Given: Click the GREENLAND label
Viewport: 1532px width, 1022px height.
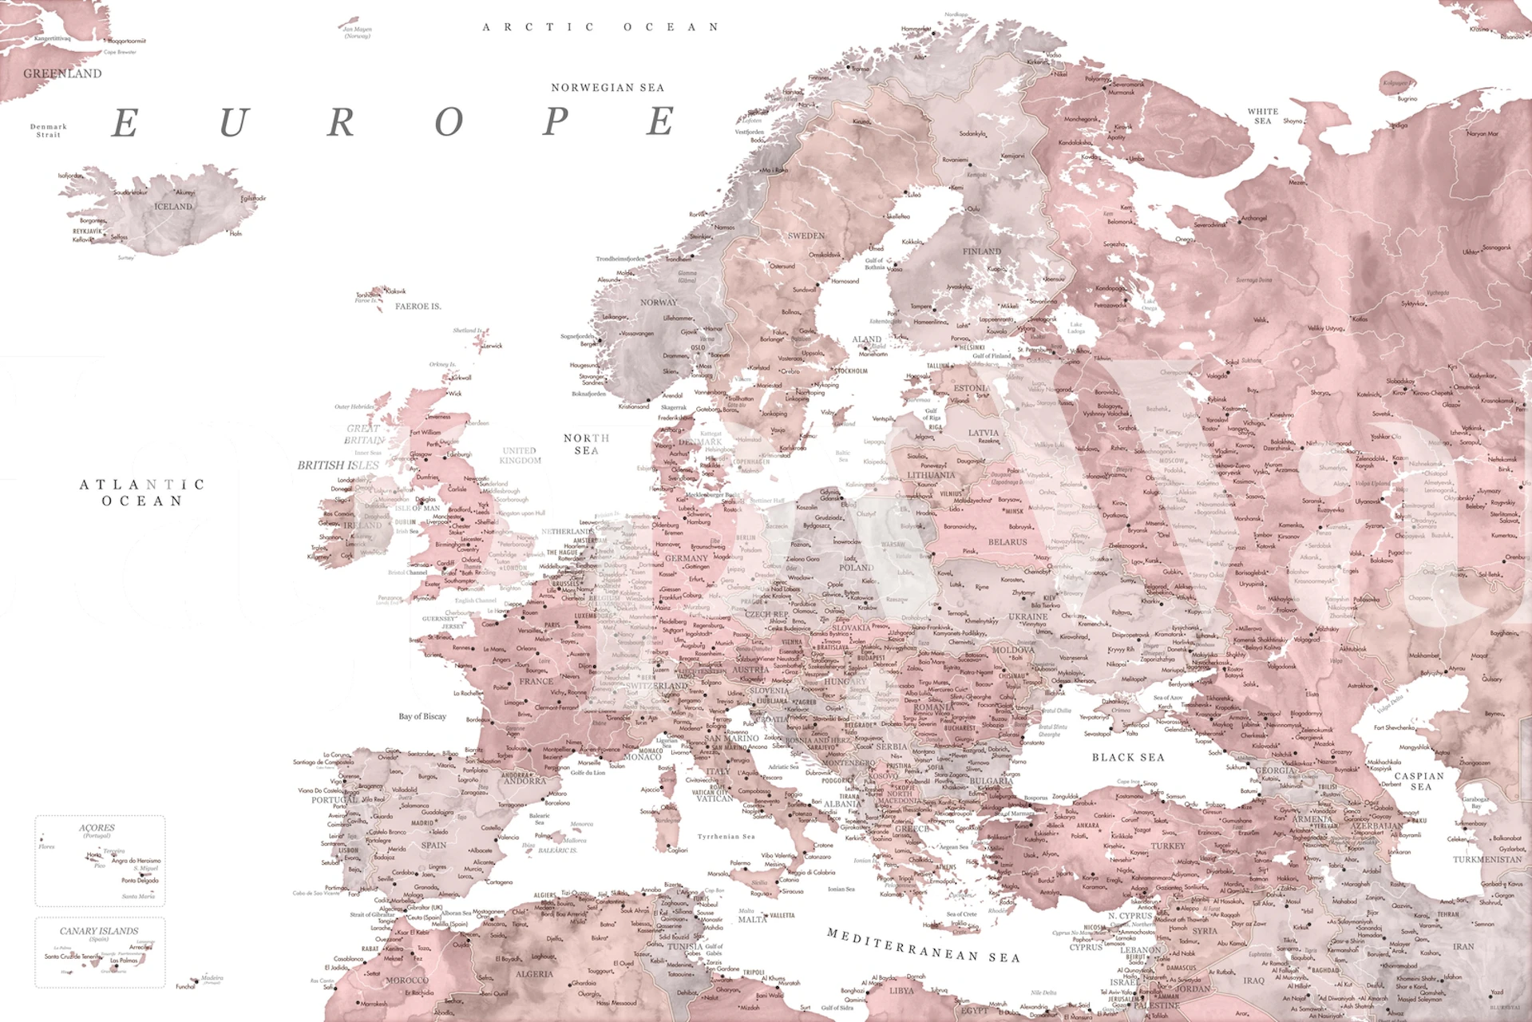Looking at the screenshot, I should tap(62, 73).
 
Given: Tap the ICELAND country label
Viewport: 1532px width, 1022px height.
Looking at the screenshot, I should tap(173, 207).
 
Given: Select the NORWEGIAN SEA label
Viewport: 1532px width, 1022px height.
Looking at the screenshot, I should tap(608, 88).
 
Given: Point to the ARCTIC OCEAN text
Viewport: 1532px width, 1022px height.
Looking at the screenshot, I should tap(600, 27).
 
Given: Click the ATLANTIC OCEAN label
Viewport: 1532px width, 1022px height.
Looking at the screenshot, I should tap(142, 493).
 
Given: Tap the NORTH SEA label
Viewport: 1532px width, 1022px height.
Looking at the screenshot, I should tap(586, 444).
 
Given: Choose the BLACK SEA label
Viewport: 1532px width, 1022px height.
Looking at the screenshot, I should tap(1128, 757).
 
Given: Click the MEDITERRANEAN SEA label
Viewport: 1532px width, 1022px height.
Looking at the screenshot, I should tap(923, 945).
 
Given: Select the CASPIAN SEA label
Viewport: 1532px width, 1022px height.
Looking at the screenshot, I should tap(1419, 781).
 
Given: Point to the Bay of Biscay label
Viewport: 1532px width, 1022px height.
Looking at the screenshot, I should tap(422, 716).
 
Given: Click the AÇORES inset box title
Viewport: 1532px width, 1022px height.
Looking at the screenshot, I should tap(97, 828).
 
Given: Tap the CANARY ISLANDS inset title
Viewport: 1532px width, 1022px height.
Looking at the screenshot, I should tap(99, 931).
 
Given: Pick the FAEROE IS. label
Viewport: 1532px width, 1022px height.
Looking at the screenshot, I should tap(418, 307).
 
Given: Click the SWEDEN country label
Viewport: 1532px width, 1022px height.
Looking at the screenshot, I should tap(806, 236).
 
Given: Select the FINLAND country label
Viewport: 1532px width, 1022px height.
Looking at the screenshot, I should tap(981, 252).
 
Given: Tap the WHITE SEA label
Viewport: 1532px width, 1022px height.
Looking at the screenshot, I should tap(1262, 116).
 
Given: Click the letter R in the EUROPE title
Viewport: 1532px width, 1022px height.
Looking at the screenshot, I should tap(341, 123).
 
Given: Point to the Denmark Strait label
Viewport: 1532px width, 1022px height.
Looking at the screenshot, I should tap(49, 130).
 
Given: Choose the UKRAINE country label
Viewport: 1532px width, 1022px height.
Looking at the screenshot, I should tap(1027, 616).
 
